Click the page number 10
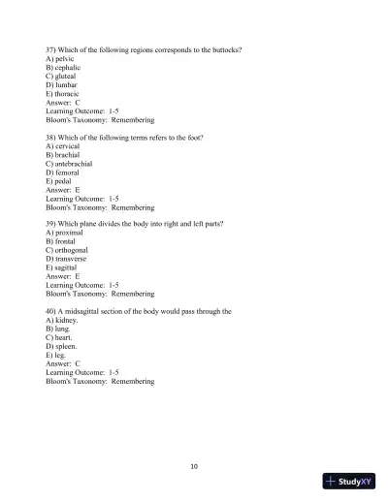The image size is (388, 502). tap(194, 466)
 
